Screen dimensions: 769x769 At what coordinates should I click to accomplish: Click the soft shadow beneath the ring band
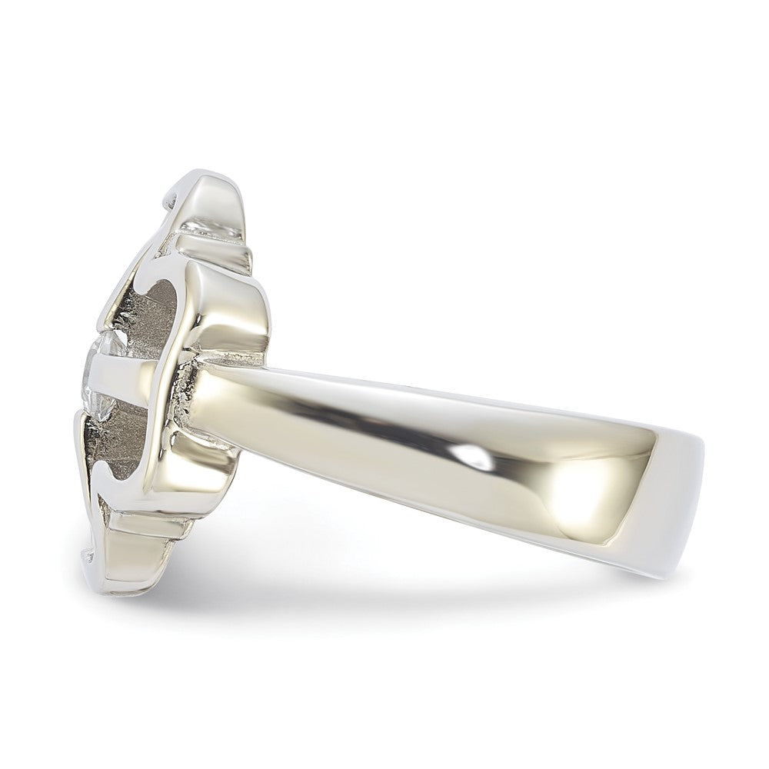[431, 584]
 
